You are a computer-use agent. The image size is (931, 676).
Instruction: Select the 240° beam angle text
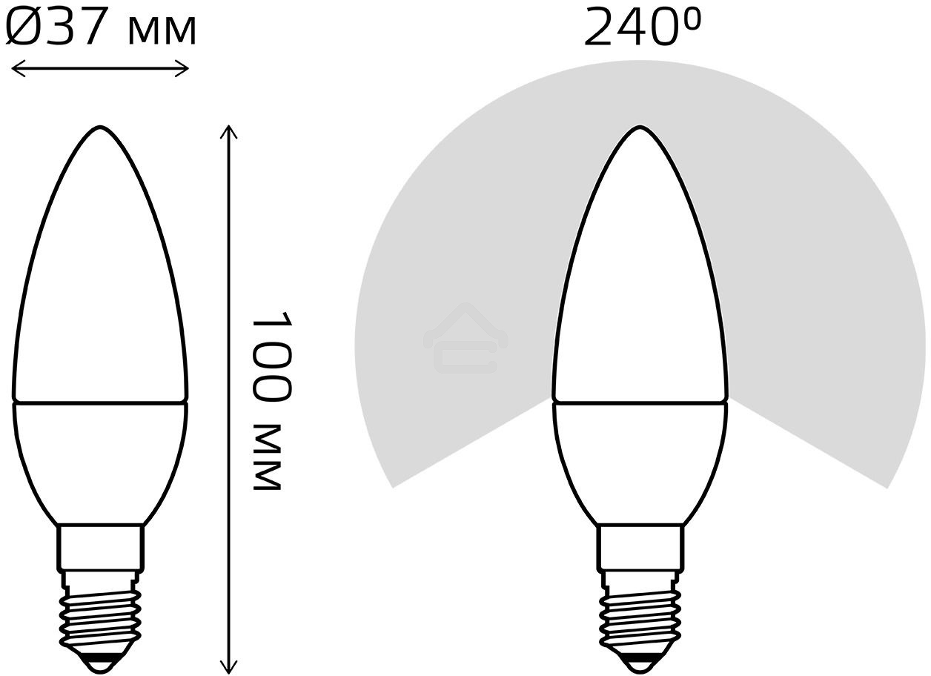[x=641, y=28]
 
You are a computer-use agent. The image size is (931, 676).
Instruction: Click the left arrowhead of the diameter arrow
[x=16, y=70]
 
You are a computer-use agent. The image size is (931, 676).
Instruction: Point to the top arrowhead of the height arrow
[x=229, y=130]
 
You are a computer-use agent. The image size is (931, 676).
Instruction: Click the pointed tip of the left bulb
[x=100, y=129]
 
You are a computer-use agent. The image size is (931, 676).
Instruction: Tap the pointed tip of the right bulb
[x=640, y=129]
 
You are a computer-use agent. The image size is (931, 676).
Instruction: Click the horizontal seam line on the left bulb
[x=100, y=402]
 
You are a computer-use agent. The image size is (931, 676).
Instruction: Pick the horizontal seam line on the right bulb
[x=640, y=402]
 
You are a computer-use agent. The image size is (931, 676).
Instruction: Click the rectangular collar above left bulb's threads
[x=100, y=547]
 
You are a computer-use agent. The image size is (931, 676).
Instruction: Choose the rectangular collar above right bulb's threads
[x=640, y=547]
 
